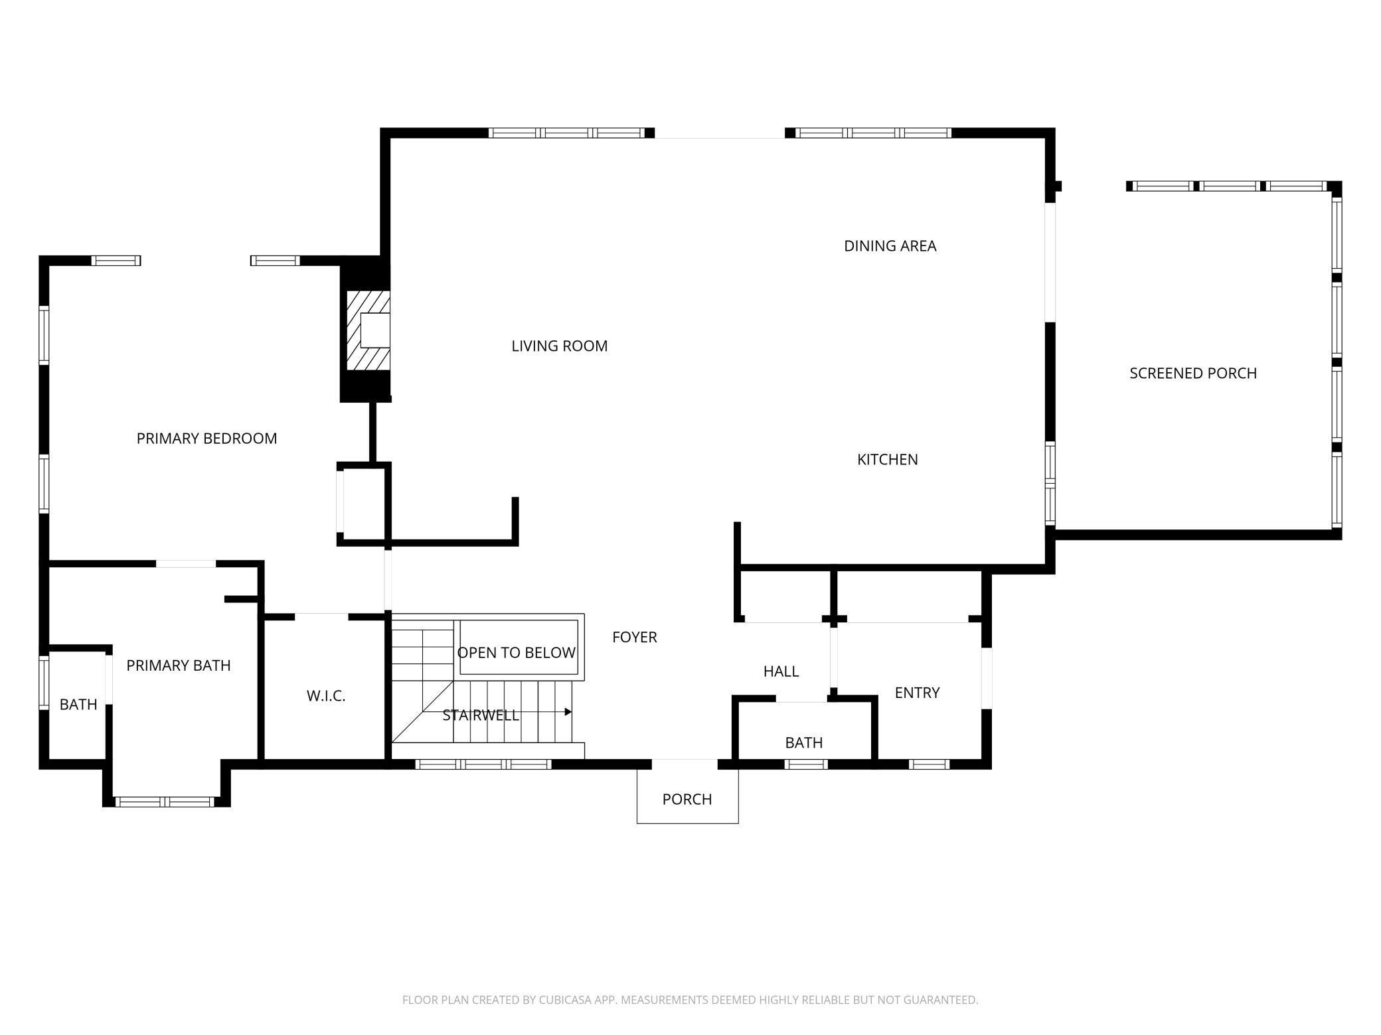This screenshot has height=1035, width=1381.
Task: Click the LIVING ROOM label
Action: pyautogui.click(x=559, y=346)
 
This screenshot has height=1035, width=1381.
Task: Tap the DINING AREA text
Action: pyautogui.click(x=890, y=246)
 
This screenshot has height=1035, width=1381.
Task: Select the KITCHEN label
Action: pyautogui.click(x=887, y=459)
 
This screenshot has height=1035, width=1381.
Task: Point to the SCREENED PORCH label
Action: pyautogui.click(x=1193, y=374)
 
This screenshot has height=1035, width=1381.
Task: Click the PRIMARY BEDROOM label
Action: pyautogui.click(x=206, y=439)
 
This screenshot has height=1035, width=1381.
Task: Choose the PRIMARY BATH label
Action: pyautogui.click(x=178, y=665)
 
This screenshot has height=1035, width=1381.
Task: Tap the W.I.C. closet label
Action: pyautogui.click(x=326, y=696)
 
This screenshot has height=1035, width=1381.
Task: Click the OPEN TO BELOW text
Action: pyautogui.click(x=516, y=653)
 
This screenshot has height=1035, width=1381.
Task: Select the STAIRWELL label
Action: pyautogui.click(x=480, y=715)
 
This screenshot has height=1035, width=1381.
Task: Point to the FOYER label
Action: pyautogui.click(x=634, y=638)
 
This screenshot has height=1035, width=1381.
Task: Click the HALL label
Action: pyautogui.click(x=781, y=671)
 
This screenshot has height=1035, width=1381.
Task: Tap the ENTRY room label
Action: pyautogui.click(x=917, y=693)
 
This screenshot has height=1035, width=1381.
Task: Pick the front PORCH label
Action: pyautogui.click(x=687, y=799)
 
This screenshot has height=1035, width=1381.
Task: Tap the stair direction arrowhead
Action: pyautogui.click(x=568, y=712)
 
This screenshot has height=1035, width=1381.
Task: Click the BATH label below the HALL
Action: pyautogui.click(x=803, y=743)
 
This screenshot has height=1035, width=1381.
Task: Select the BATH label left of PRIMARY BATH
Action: pyautogui.click(x=78, y=705)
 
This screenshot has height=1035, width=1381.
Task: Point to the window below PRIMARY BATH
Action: pyautogui.click(x=165, y=802)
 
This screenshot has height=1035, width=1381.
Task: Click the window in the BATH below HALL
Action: pyautogui.click(x=805, y=764)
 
